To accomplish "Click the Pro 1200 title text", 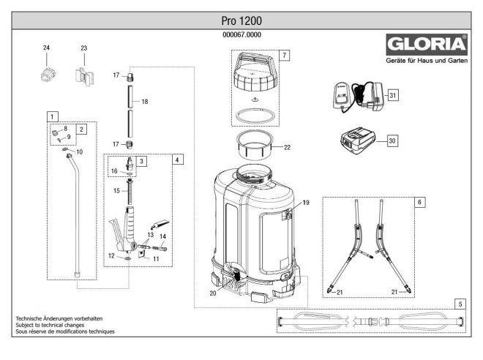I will pyautogui.click(x=241, y=20).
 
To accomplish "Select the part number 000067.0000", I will pyautogui.click(x=241, y=34).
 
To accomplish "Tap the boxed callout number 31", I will pyautogui.click(x=393, y=96).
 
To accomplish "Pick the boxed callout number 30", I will pyautogui.click(x=392, y=140).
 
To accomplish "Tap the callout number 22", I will pyautogui.click(x=287, y=147).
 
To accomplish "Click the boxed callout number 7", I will pyautogui.click(x=284, y=56).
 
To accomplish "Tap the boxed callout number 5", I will pyautogui.click(x=459, y=302).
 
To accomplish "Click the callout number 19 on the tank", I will pyautogui.click(x=306, y=201).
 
